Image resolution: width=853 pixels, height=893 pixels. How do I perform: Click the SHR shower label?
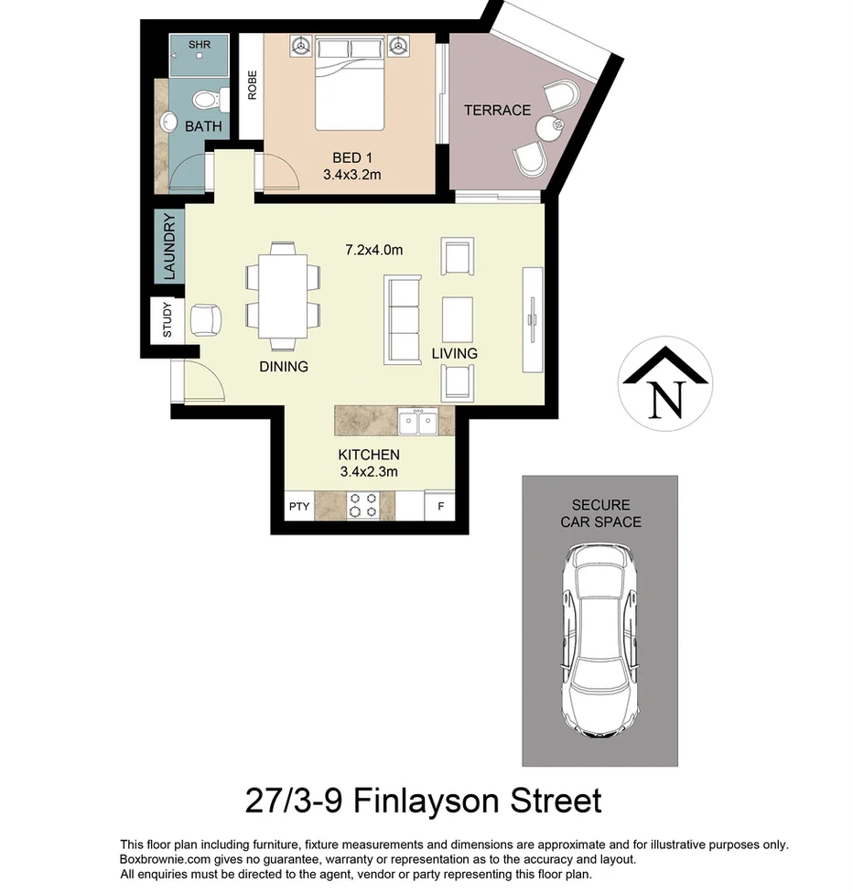199,44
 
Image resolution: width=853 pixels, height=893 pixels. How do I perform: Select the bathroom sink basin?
168,122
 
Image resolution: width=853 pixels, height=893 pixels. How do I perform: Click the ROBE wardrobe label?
252,85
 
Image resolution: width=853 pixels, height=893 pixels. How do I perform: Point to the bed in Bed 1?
349,83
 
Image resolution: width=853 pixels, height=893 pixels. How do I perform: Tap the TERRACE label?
497,110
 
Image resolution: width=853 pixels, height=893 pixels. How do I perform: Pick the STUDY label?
167,320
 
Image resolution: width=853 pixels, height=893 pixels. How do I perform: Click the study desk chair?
204,319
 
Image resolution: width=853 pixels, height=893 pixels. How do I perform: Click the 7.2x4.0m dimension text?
373,249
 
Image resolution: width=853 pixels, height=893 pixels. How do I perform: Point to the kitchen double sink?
418,423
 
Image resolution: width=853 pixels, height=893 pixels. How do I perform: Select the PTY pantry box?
299,506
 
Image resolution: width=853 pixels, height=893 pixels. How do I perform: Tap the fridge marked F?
440,506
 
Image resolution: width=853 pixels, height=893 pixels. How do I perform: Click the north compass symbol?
666,383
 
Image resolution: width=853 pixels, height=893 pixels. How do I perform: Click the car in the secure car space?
599,640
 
